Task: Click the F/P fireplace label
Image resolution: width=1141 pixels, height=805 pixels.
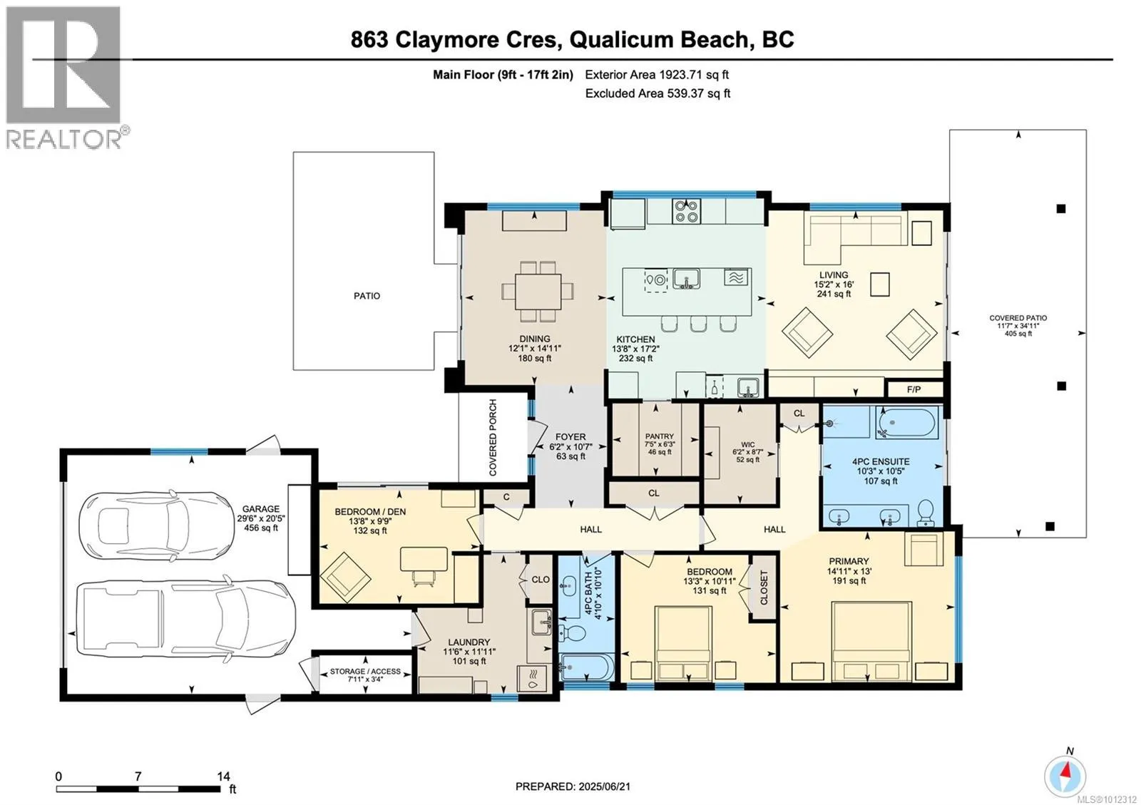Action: pos(914,389)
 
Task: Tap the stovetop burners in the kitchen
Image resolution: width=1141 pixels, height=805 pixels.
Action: pos(686,211)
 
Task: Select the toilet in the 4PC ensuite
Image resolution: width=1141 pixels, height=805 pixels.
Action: pos(925,513)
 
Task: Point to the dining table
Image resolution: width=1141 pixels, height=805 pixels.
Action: pos(538,291)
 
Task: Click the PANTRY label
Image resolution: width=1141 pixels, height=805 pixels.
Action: pos(659,436)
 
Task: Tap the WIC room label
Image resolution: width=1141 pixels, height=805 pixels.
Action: pos(748,444)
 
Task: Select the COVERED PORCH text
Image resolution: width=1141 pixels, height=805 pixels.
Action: pos(493,438)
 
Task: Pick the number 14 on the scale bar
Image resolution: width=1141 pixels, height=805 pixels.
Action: pos(223,776)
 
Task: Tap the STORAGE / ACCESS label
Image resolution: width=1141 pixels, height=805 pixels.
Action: pos(365,672)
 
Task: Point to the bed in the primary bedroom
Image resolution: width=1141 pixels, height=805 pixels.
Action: pos(871,642)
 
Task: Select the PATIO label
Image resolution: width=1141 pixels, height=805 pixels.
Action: pos(367,296)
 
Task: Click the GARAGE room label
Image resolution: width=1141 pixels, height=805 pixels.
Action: pos(261,508)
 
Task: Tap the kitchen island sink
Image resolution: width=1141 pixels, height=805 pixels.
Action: pos(686,280)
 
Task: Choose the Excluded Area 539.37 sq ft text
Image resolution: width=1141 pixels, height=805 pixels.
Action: pos(658,93)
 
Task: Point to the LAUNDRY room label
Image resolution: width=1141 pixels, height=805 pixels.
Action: pos(469,642)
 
